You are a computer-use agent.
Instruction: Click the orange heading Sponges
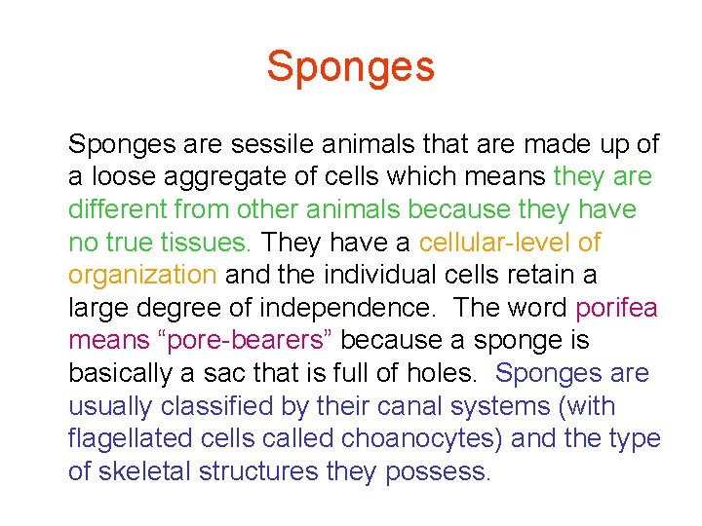(351, 67)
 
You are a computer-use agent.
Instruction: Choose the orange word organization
(141, 276)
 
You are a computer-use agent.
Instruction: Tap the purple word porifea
(617, 309)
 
